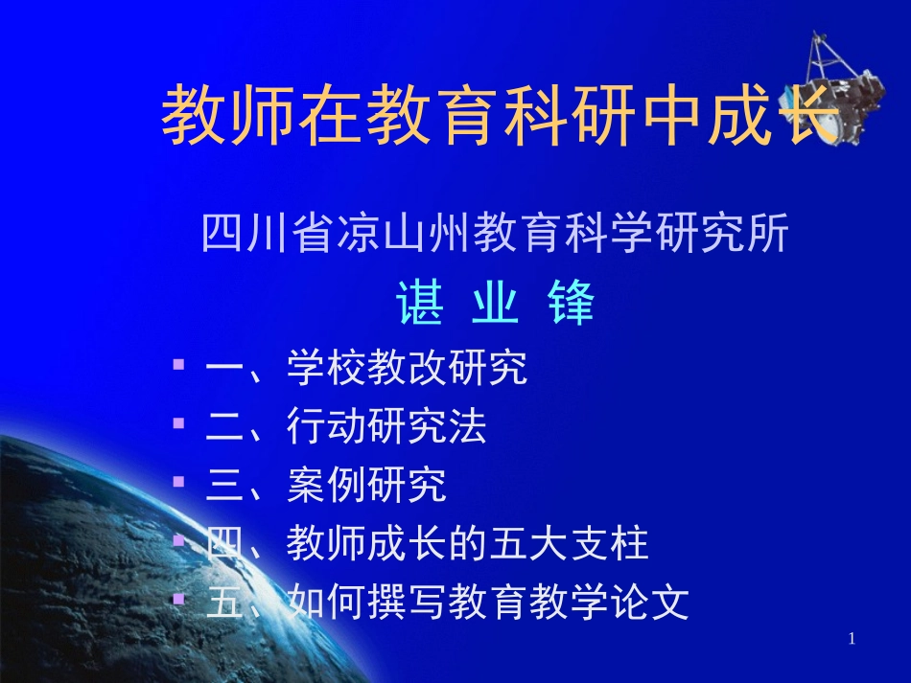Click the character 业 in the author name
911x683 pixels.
[495, 304]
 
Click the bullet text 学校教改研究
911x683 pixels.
[407, 369]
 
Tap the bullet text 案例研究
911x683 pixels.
[366, 486]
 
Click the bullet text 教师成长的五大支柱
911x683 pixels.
[467, 544]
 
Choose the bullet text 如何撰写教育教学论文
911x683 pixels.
[487, 603]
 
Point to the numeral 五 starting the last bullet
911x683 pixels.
[222, 603]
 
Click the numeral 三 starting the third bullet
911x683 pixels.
[222, 486]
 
